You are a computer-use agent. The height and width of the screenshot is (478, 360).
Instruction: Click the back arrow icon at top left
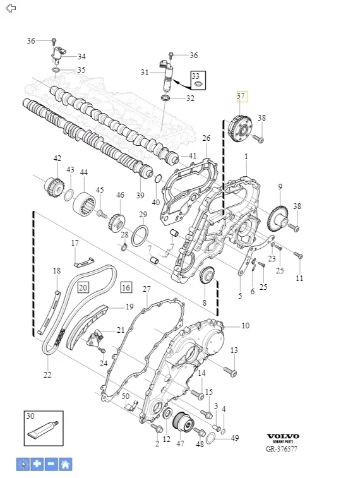(x=11, y=8)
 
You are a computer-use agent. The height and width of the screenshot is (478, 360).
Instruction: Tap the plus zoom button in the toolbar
(x=37, y=464)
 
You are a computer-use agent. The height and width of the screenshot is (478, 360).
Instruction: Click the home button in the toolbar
(x=65, y=464)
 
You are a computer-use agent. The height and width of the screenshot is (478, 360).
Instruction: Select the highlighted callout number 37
(x=241, y=96)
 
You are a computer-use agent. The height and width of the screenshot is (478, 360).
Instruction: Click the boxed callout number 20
(x=83, y=287)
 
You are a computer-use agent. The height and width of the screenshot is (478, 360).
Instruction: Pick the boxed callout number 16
(x=126, y=287)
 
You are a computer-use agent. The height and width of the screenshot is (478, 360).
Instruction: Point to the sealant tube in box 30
(x=42, y=429)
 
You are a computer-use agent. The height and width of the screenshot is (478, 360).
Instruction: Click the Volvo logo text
(x=283, y=436)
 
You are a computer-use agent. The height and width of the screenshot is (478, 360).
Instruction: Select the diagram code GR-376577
(x=281, y=449)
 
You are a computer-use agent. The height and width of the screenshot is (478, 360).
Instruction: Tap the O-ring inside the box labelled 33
(x=197, y=83)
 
